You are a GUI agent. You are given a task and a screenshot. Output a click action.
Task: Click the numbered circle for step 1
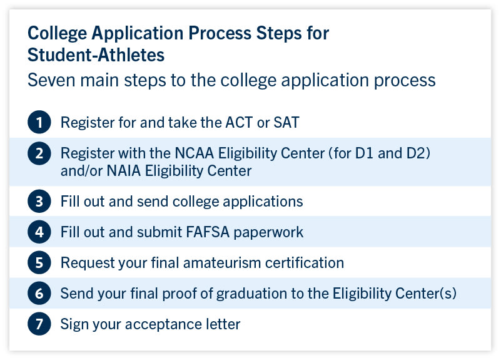(39, 122)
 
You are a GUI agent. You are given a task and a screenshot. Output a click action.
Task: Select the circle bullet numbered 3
(39, 201)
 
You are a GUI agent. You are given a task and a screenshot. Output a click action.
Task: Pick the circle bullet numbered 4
(39, 232)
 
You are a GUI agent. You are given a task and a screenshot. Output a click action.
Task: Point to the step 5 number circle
(39, 262)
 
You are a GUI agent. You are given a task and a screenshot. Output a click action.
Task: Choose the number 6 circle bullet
(39, 293)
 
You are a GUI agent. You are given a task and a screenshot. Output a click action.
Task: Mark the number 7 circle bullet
(39, 324)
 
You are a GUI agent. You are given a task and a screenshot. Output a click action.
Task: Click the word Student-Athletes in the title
(96, 55)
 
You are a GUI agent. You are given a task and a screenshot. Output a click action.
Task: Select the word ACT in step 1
(238, 122)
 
